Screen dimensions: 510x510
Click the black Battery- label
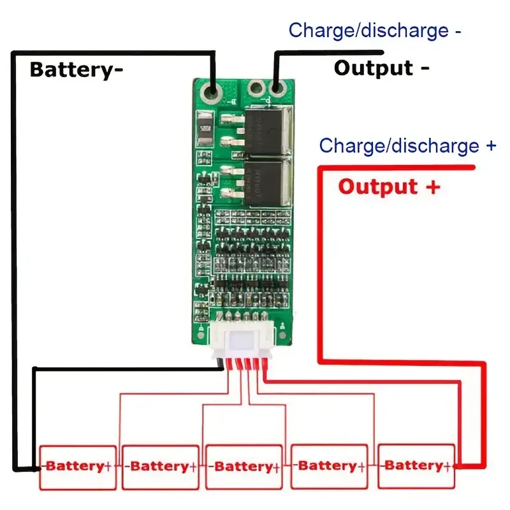(76, 69)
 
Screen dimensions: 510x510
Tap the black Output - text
(381, 68)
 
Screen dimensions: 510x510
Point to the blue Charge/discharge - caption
(375, 30)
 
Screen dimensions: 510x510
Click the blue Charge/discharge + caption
(407, 145)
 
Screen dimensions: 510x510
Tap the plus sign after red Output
(433, 187)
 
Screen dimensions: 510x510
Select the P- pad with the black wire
(276, 89)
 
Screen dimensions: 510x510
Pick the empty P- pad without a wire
(256, 89)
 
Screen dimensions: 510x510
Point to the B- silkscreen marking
(231, 101)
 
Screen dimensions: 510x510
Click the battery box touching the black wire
(78, 467)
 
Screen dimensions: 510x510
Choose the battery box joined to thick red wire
(416, 467)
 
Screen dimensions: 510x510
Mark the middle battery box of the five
(244, 467)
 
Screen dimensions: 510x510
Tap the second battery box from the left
(159, 467)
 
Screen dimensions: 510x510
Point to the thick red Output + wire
(322, 268)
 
